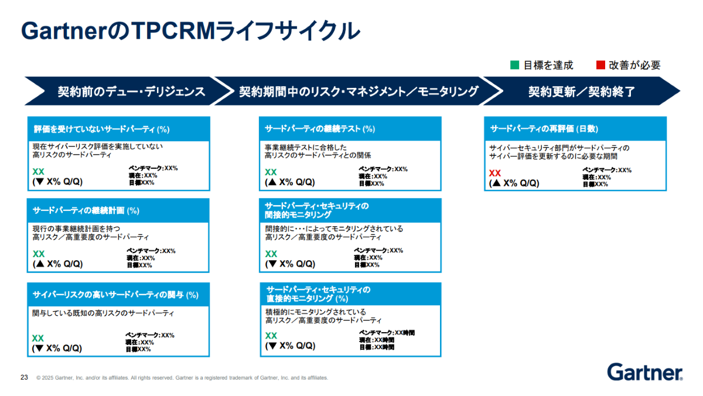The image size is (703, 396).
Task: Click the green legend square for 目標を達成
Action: pos(515,65)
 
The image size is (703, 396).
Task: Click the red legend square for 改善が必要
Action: pos(600,65)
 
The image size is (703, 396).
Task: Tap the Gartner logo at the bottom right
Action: pos(645,372)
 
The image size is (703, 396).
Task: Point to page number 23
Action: pos(24,377)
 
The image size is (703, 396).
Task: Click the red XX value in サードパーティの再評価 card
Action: pos(495,173)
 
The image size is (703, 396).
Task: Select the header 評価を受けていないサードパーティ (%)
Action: pos(102,129)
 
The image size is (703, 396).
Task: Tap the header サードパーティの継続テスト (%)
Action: pos(320,129)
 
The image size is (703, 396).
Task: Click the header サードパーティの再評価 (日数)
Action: pos(544,129)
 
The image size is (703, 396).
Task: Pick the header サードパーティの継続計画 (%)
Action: pos(86,210)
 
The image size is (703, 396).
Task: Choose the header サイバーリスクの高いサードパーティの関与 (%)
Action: pos(115,295)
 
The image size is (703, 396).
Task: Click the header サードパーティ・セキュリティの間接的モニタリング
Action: pos(317,210)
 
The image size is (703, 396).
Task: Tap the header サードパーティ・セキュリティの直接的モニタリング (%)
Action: pos(318,294)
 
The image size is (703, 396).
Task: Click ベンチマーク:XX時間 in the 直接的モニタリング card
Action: pos(387,333)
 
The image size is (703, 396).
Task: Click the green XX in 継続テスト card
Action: pos(271,172)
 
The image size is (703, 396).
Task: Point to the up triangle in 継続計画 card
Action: pos(40,263)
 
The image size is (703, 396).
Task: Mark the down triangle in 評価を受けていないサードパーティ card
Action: pos(40,182)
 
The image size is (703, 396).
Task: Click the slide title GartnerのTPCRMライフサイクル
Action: pos(190,30)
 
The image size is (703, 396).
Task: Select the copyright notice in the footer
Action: pos(182,377)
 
